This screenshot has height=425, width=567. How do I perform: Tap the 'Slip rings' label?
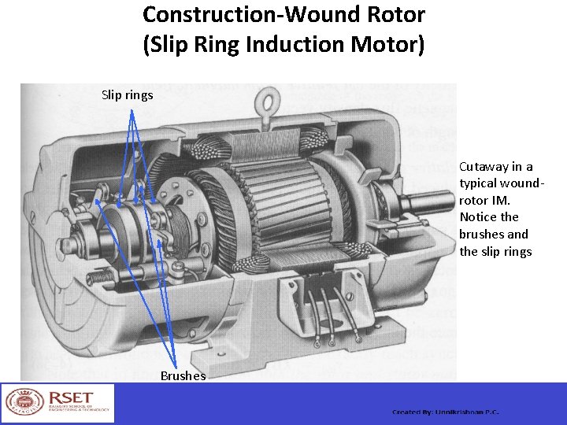coord(128,95)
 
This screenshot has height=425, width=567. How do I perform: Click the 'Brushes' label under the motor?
coord(183,375)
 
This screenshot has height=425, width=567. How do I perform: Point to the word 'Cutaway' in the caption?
coord(484,166)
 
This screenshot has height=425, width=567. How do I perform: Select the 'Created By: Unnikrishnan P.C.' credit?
coord(446,412)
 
